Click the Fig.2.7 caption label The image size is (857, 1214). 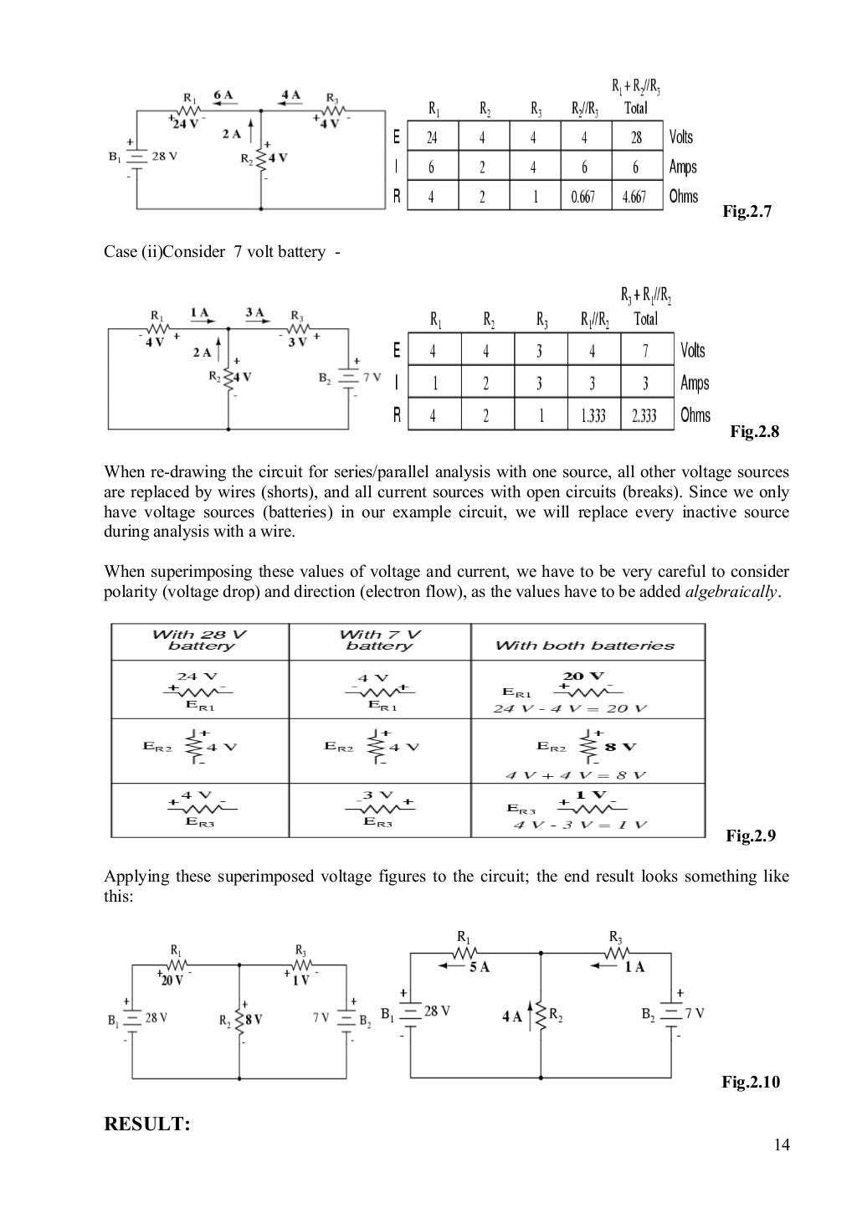pyautogui.click(x=747, y=212)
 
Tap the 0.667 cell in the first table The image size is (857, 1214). pyautogui.click(x=583, y=197)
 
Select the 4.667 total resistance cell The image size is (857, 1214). pyautogui.click(x=635, y=197)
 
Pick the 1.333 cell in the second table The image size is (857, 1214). pyautogui.click(x=593, y=415)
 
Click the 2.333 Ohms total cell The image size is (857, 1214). pyautogui.click(x=644, y=415)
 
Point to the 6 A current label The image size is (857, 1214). pyautogui.click(x=223, y=95)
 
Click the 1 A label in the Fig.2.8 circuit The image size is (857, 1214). pyautogui.click(x=200, y=313)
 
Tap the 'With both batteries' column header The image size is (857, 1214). pyautogui.click(x=584, y=646)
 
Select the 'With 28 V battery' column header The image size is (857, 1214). pyautogui.click(x=200, y=640)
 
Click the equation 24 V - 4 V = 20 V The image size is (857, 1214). pyautogui.click(x=570, y=708)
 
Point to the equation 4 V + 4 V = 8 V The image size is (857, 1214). pyautogui.click(x=576, y=774)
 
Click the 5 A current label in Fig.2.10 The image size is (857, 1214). pyautogui.click(x=479, y=967)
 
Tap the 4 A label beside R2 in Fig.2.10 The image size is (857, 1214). pyautogui.click(x=511, y=1016)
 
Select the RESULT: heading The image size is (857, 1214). pyautogui.click(x=147, y=1124)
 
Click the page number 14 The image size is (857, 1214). pyautogui.click(x=783, y=1145)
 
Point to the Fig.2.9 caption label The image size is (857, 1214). pyautogui.click(x=751, y=836)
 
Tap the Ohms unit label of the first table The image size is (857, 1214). pyautogui.click(x=683, y=197)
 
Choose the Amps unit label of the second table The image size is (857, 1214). pyautogui.click(x=695, y=383)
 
